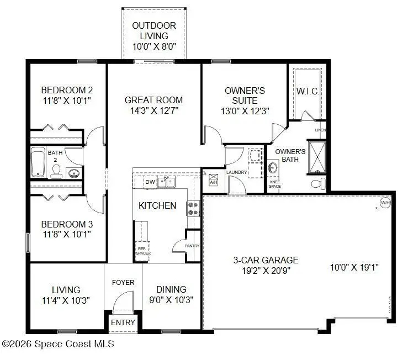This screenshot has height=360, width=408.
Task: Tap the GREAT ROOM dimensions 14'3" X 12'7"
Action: (x=153, y=110)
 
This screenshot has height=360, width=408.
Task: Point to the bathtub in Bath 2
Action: (x=38, y=162)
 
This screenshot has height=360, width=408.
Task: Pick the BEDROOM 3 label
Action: (x=67, y=225)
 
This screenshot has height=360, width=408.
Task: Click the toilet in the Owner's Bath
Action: (x=319, y=182)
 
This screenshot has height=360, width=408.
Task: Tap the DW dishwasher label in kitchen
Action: (x=150, y=182)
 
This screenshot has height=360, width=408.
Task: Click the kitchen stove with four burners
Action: (x=194, y=208)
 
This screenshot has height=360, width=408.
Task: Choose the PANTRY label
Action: (x=192, y=246)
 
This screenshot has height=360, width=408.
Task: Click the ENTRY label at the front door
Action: (x=123, y=322)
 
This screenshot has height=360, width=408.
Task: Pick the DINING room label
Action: (x=171, y=289)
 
